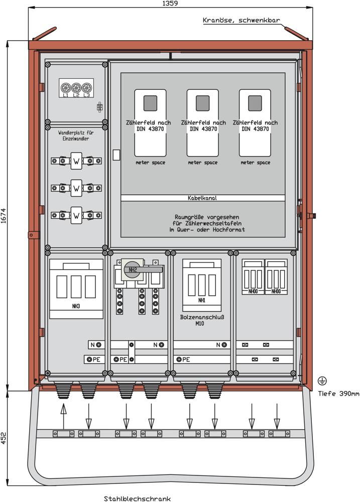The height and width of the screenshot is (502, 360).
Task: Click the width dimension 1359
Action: point(170,4)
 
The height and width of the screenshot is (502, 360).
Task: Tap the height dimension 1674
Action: point(4,216)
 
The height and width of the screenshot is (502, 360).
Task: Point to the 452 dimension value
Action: point(4,438)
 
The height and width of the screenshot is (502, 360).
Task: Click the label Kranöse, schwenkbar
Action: point(241,21)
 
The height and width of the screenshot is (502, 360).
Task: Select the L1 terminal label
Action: point(65,95)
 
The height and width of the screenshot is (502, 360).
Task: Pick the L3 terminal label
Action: point(87,95)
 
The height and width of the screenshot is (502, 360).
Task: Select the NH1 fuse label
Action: point(201,301)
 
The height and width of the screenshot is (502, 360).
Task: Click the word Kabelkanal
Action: point(202,198)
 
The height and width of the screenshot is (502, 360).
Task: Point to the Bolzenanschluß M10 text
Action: point(202,320)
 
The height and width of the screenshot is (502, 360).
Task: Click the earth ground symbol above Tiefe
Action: point(321,381)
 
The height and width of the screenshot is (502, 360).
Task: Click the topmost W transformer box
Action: point(76,161)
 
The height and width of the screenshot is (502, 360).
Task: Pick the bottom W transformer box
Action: point(76,215)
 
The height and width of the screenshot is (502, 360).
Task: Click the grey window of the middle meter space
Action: point(202,103)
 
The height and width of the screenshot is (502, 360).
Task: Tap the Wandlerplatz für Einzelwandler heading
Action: point(76,136)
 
